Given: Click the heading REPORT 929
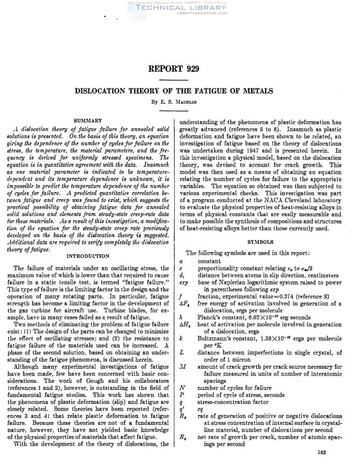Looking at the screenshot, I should (180, 68).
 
